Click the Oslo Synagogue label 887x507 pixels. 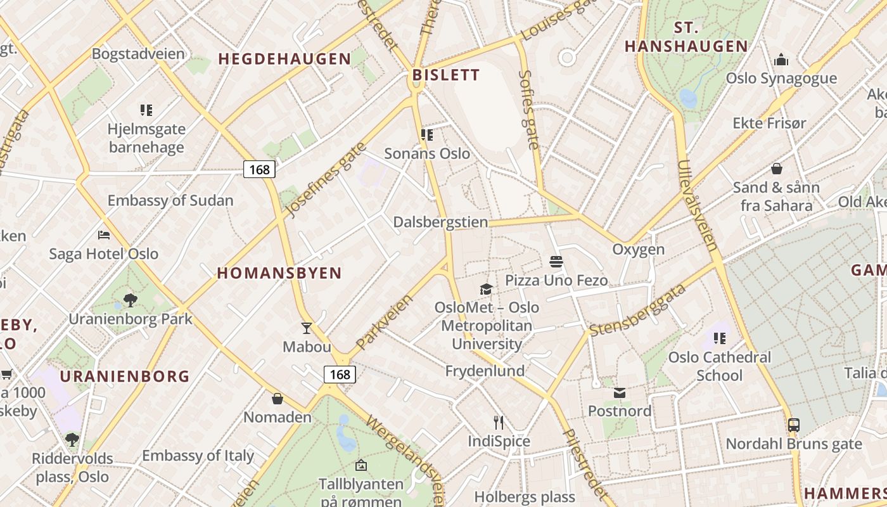781,79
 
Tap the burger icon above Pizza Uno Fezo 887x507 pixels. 556,262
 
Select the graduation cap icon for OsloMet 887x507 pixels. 486,290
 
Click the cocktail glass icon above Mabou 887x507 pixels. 307,328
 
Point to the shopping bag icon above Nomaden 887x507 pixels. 278,399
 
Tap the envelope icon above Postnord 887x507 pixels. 619,393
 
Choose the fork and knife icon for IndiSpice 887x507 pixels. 499,422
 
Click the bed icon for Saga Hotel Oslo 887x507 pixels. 104,235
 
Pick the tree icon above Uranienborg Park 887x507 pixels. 131,300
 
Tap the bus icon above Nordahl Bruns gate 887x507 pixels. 793,425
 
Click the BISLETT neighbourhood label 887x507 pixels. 446,75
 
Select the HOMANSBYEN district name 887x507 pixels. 279,273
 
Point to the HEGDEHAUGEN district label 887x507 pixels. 284,59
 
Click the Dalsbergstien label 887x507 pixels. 441,222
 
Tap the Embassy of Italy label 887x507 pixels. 198,456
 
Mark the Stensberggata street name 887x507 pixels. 638,311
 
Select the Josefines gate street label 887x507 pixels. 326,181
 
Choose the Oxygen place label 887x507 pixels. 638,249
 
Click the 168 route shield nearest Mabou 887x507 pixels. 340,375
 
